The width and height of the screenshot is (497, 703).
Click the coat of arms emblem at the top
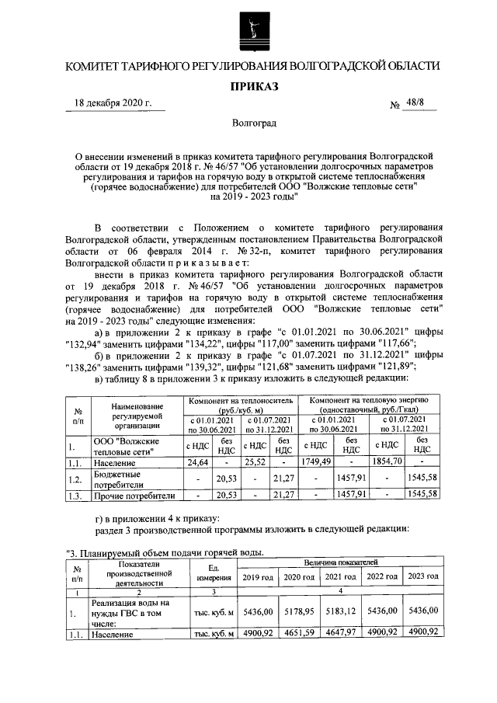click(248, 28)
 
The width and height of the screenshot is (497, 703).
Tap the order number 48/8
click(422, 102)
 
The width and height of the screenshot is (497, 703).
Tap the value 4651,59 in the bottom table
click(298, 633)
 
